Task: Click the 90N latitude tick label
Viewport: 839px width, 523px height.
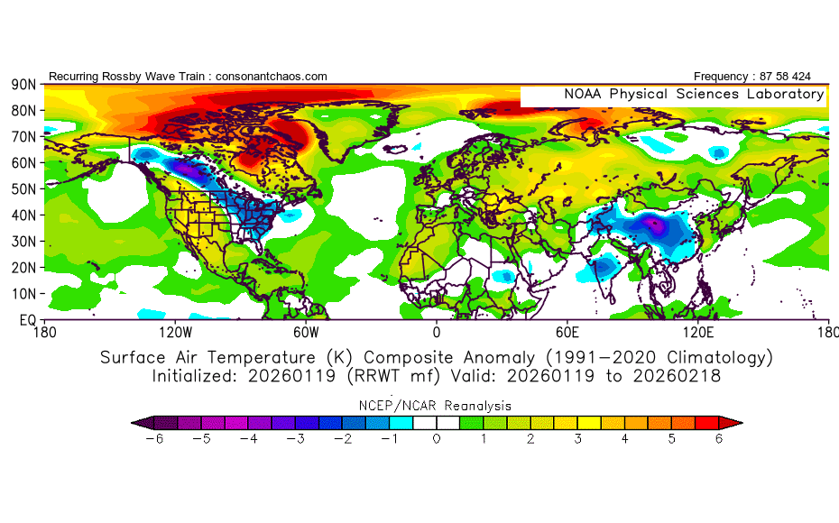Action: [x=23, y=85]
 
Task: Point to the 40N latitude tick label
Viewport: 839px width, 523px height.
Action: [x=23, y=216]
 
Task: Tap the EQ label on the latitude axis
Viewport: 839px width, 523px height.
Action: [x=26, y=320]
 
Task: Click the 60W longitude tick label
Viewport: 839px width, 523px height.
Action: [x=306, y=332]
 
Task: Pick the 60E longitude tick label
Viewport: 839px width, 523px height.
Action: [x=567, y=332]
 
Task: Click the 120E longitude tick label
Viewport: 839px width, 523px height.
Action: [x=697, y=332]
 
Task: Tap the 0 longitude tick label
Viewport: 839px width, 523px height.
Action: [x=437, y=332]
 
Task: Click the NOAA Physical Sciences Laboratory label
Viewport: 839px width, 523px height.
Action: [x=694, y=95]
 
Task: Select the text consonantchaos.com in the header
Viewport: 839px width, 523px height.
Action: [x=268, y=77]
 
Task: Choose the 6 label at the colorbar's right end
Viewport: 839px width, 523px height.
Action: [x=719, y=439]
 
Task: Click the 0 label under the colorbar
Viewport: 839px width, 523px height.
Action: [x=437, y=439]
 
